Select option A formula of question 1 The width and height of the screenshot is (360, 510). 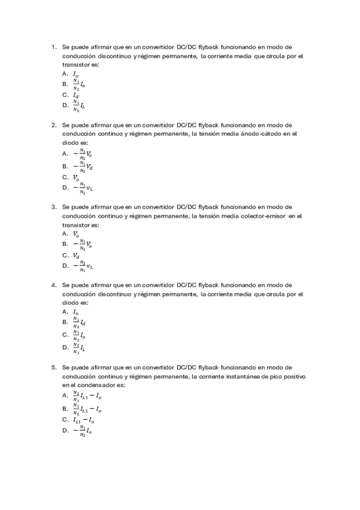pyautogui.click(x=75, y=73)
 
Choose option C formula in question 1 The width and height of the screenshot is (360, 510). pyautogui.click(x=75, y=95)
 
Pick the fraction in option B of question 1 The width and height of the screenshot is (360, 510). pyautogui.click(x=76, y=84)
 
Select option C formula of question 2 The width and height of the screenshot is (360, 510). pyautogui.click(x=76, y=177)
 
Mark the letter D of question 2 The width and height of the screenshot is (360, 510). pyautogui.click(x=65, y=188)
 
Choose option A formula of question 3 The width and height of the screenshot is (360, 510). pyautogui.click(x=76, y=234)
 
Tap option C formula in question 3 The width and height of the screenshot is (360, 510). pyautogui.click(x=76, y=256)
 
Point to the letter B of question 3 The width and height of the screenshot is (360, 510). pyautogui.click(x=65, y=244)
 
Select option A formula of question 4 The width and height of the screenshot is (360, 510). pyautogui.click(x=75, y=313)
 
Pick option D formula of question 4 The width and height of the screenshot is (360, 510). pyautogui.click(x=79, y=348)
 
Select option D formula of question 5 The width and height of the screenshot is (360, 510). pyautogui.click(x=82, y=431)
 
